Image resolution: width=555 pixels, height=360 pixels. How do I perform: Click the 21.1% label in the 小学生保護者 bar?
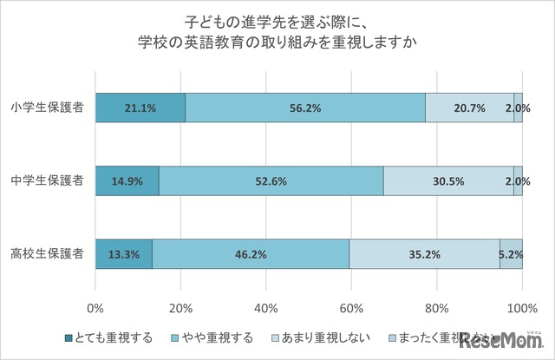pyautogui.click(x=140, y=108)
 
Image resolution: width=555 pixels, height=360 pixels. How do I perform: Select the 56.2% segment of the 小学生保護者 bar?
pyautogui.click(x=305, y=108)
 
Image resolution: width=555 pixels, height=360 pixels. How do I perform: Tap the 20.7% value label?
pyautogui.click(x=470, y=108)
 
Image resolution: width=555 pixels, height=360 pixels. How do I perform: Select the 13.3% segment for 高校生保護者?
pyautogui.click(x=124, y=254)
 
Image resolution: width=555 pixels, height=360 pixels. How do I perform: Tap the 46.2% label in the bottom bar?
pyautogui.click(x=251, y=254)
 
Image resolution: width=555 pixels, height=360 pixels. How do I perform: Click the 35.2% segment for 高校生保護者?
pyautogui.click(x=425, y=254)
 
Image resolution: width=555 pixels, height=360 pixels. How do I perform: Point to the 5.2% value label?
pyautogui.click(x=511, y=254)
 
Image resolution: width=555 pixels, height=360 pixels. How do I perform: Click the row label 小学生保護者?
pyautogui.click(x=49, y=108)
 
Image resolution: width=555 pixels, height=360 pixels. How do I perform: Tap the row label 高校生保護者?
pyautogui.click(x=49, y=254)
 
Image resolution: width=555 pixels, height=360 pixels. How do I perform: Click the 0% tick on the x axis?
pyautogui.click(x=95, y=307)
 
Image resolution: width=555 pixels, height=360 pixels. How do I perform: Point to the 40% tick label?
pyautogui.click(x=266, y=307)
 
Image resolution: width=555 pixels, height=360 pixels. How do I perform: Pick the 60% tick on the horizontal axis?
pyautogui.click(x=351, y=307)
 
